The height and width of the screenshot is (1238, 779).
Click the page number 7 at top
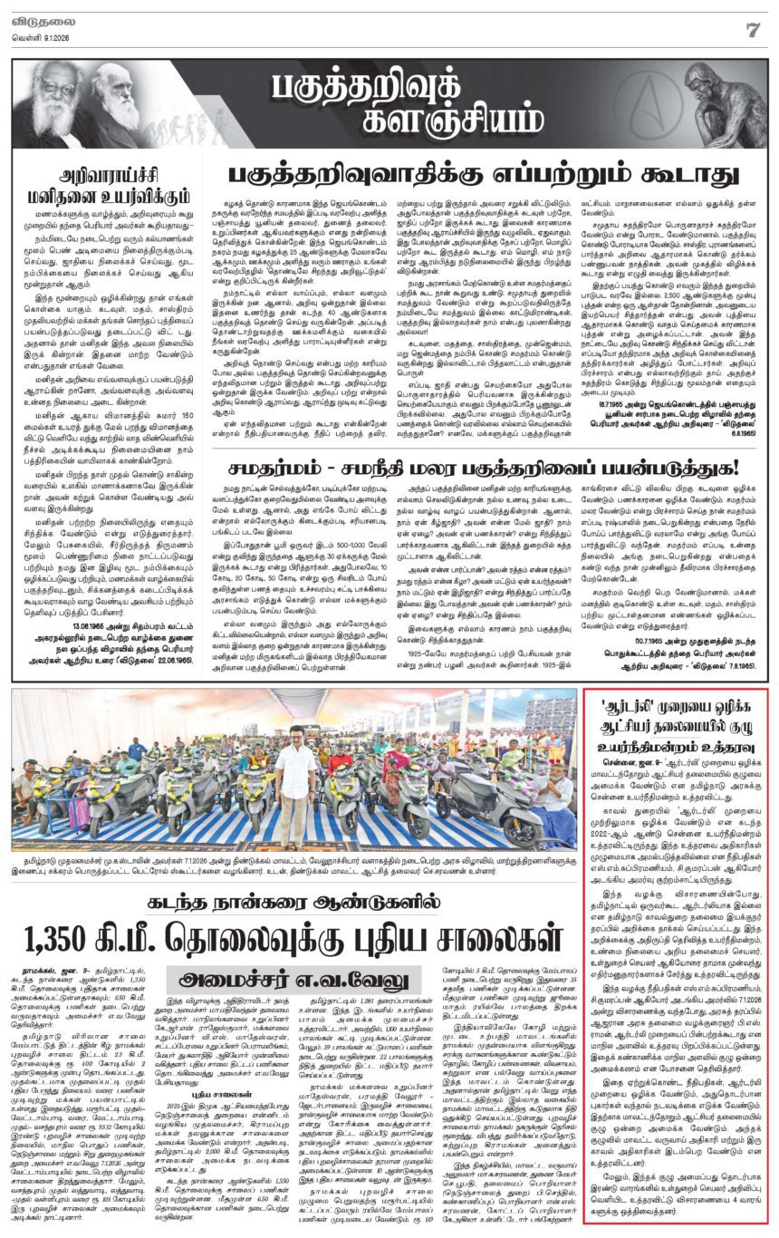coord(751,29)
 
